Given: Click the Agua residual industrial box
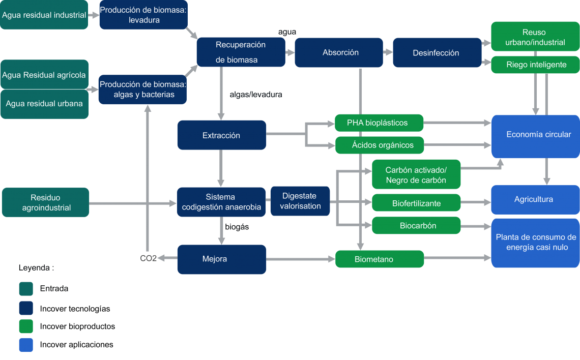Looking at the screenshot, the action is pyautogui.click(x=44, y=15).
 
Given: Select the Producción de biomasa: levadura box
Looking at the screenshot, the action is pyautogui.click(x=143, y=15).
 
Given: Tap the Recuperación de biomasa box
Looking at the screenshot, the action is pyautogui.click(x=241, y=52).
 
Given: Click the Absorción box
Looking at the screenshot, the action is pyautogui.click(x=339, y=52).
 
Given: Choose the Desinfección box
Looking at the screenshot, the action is pyautogui.click(x=437, y=52).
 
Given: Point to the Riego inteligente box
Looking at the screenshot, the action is pyautogui.click(x=535, y=65).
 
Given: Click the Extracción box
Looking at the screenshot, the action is pyautogui.click(x=221, y=135).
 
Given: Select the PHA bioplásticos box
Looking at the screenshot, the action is pyautogui.click(x=379, y=123).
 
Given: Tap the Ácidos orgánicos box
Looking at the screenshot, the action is pyautogui.click(x=380, y=145).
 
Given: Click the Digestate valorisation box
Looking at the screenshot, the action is pyautogui.click(x=300, y=201).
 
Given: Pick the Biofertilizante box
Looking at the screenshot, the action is pyautogui.click(x=416, y=203).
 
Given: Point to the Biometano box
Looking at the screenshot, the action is pyautogui.click(x=380, y=259).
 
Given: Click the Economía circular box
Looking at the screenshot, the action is pyautogui.click(x=536, y=136).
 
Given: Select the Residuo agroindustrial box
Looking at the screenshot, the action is pyautogui.click(x=45, y=202).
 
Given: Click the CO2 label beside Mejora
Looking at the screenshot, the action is pyautogui.click(x=149, y=258).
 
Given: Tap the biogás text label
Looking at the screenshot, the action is pyautogui.click(x=237, y=227).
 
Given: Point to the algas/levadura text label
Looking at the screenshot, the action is pyautogui.click(x=255, y=95).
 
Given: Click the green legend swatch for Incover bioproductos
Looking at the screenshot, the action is pyautogui.click(x=26, y=326).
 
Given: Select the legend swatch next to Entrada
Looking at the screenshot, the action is pyautogui.click(x=26, y=289).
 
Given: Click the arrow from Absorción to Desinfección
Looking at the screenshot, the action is pyautogui.click(x=388, y=52).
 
